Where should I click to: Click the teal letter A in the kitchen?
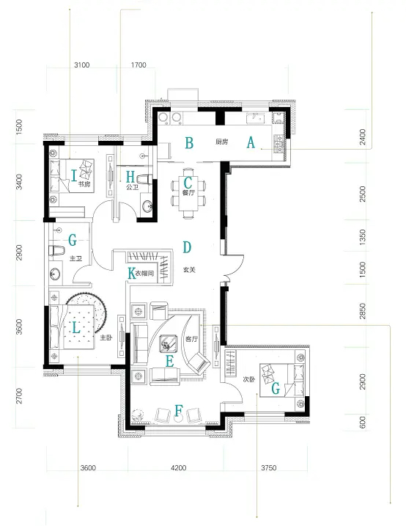(251, 142)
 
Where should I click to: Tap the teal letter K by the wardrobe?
(132, 273)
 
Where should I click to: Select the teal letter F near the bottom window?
(179, 410)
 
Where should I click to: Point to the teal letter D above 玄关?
(187, 247)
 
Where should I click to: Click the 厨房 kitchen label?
(221, 142)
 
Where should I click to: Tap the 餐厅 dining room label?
(188, 193)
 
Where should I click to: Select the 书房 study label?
(84, 184)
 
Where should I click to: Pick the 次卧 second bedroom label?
(249, 379)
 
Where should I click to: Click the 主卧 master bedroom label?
(106, 337)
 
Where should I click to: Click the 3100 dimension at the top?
(82, 65)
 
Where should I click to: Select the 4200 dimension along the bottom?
(178, 467)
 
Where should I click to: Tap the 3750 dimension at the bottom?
(269, 467)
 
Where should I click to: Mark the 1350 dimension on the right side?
(363, 237)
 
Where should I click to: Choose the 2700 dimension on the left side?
(19, 395)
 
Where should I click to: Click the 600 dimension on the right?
(363, 423)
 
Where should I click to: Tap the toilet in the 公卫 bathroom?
(144, 179)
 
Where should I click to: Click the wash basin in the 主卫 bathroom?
(55, 274)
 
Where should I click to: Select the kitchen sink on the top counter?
(255, 118)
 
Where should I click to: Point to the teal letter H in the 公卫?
(130, 176)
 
